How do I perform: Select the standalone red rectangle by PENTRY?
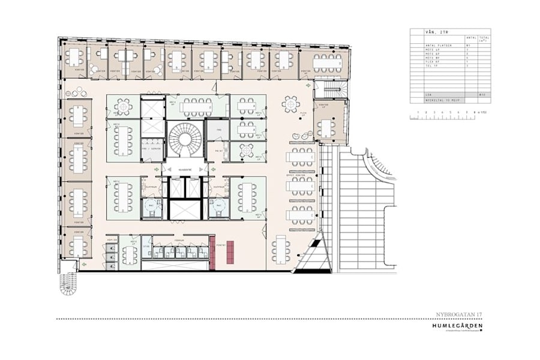229,251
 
